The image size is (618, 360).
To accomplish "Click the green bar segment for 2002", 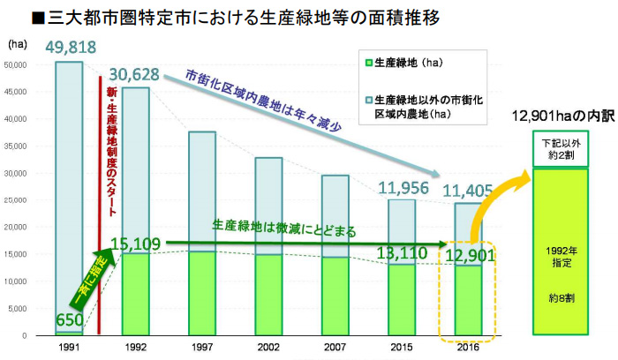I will click(x=268, y=295).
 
